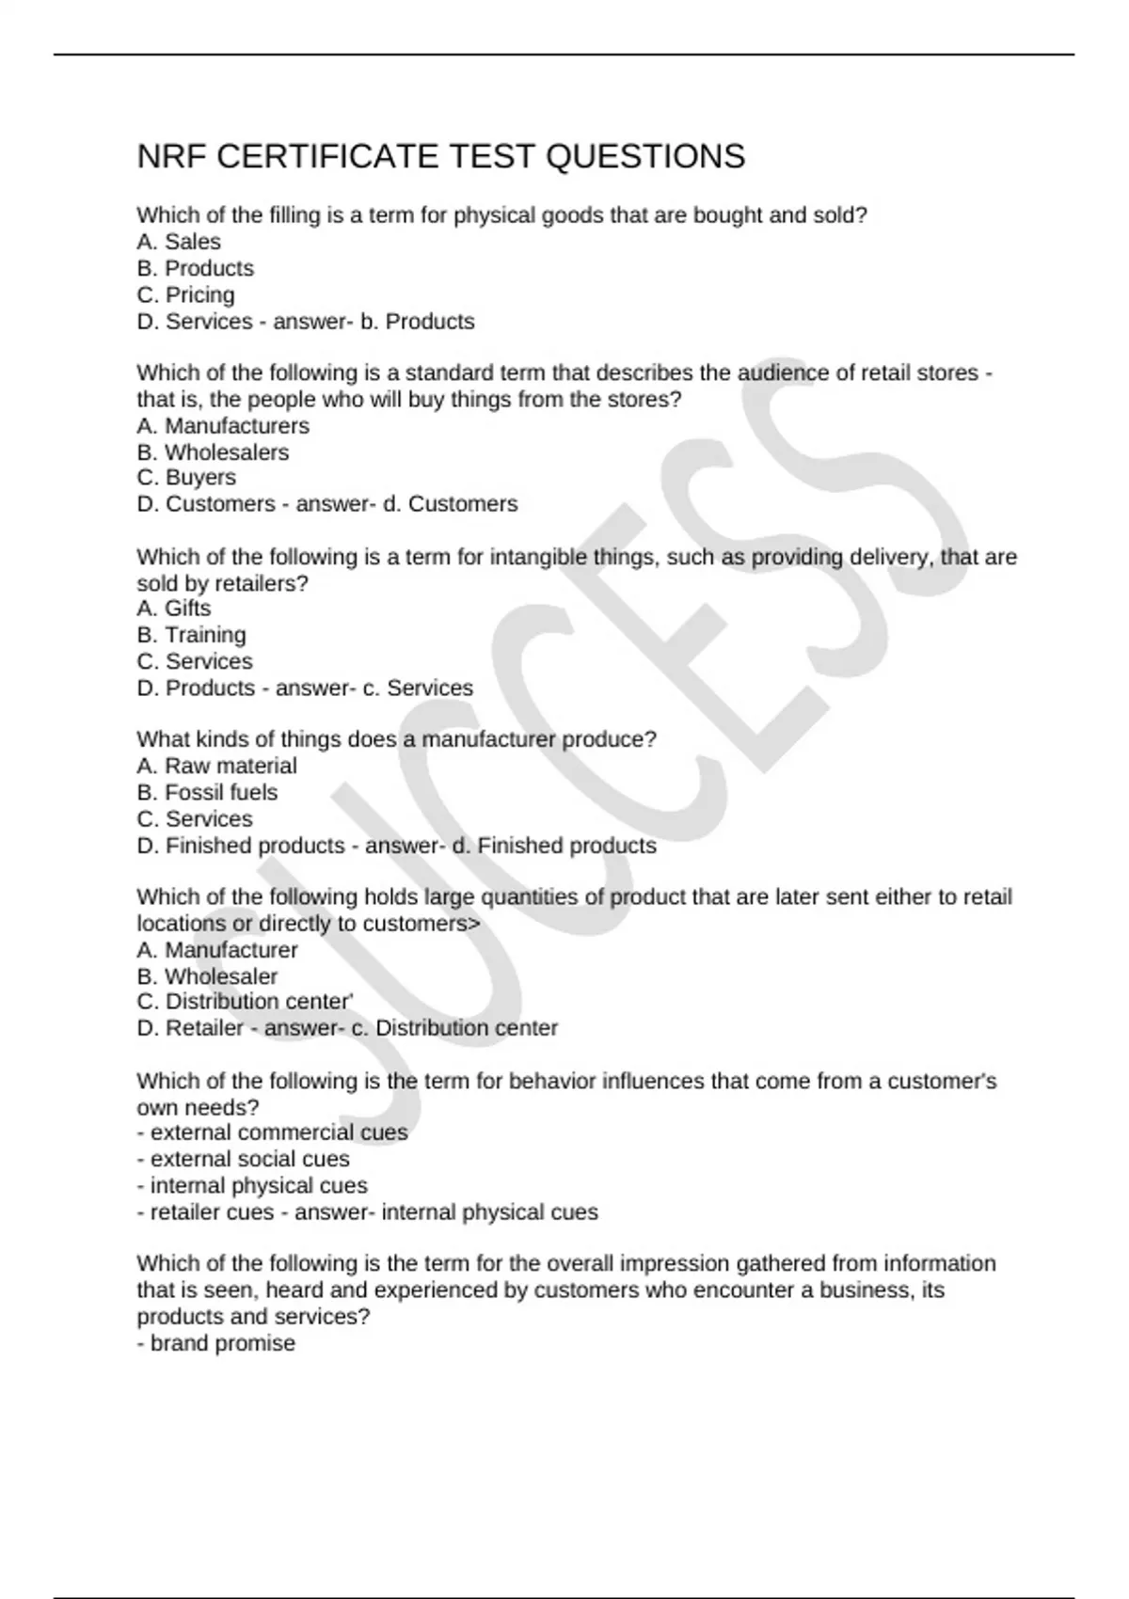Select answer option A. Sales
click(179, 242)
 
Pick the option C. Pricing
click(185, 294)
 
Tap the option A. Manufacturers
click(223, 426)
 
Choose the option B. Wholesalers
click(213, 452)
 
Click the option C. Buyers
click(186, 478)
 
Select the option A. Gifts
click(174, 609)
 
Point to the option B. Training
click(191, 635)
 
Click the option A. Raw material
click(216, 766)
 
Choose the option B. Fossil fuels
click(207, 792)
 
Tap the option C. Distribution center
click(245, 1002)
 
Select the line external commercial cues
click(273, 1132)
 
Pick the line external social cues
click(243, 1159)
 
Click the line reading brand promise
click(216, 1343)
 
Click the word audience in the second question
click(783, 373)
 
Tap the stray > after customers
click(473, 924)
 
